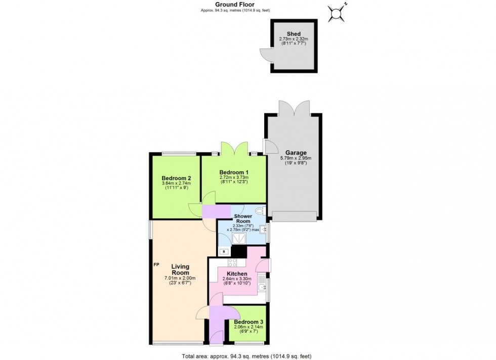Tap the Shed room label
(x=294, y=34)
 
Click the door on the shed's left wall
(x=266, y=56)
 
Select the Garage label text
(x=296, y=153)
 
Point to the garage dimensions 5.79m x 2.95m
(x=296, y=158)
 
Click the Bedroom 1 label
(x=233, y=171)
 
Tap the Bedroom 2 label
(x=176, y=178)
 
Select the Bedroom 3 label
(x=248, y=322)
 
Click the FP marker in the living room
(x=157, y=264)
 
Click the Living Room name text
(x=180, y=269)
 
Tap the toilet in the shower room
(x=260, y=211)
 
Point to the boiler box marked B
(x=224, y=251)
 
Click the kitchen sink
(x=261, y=288)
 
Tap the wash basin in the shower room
(x=264, y=229)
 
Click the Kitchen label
(x=237, y=274)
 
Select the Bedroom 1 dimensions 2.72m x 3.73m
(x=233, y=177)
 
